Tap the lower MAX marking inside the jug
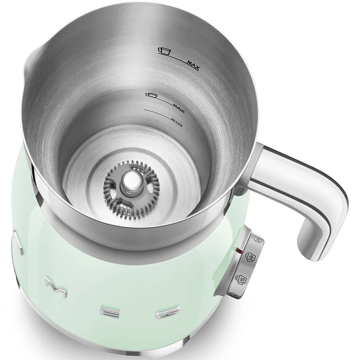pos(179,108)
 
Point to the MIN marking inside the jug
pos(177,122)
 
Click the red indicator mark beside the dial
pos(240,251)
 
